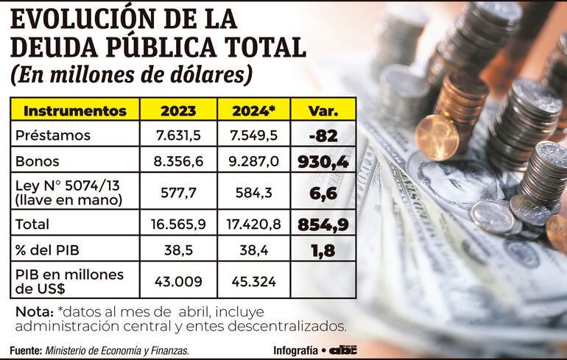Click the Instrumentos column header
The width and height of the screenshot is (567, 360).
coord(75,110)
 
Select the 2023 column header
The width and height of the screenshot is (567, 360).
coord(178,110)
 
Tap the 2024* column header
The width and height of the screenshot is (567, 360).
coord(253,110)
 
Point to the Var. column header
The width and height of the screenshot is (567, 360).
coord(323,110)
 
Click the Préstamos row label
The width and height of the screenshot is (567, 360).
coord(53,135)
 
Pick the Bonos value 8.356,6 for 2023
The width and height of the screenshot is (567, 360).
coord(178,161)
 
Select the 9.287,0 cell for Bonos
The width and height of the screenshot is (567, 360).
coord(253,161)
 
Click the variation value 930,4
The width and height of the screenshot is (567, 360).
coord(323,161)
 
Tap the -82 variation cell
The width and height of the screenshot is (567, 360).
coord(323,135)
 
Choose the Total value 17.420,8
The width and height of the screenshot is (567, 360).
coord(253,225)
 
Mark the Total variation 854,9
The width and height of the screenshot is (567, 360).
coord(323,225)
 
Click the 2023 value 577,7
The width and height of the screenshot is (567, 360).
coord(178,192)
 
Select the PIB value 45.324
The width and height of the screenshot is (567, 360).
coord(253,280)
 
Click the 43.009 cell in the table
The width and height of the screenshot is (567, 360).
coord(178,280)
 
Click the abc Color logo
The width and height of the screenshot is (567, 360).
coord(342,350)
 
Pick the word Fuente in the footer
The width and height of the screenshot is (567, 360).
coord(26,350)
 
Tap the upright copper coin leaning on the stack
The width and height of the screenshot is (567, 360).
coord(437,137)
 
